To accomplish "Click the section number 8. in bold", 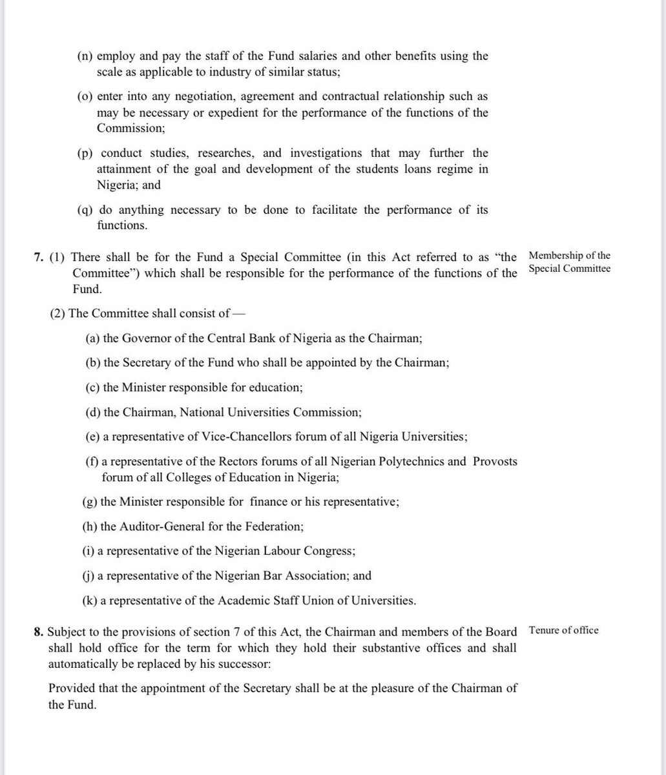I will pyautogui.click(x=39, y=631).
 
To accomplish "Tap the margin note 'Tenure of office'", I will pyautogui.click(x=563, y=630).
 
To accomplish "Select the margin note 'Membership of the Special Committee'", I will pyautogui.click(x=568, y=263).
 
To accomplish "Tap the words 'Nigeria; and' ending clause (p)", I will pyautogui.click(x=129, y=185).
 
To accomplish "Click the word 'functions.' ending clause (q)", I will pyautogui.click(x=122, y=225).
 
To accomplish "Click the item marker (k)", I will pyautogui.click(x=90, y=601).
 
